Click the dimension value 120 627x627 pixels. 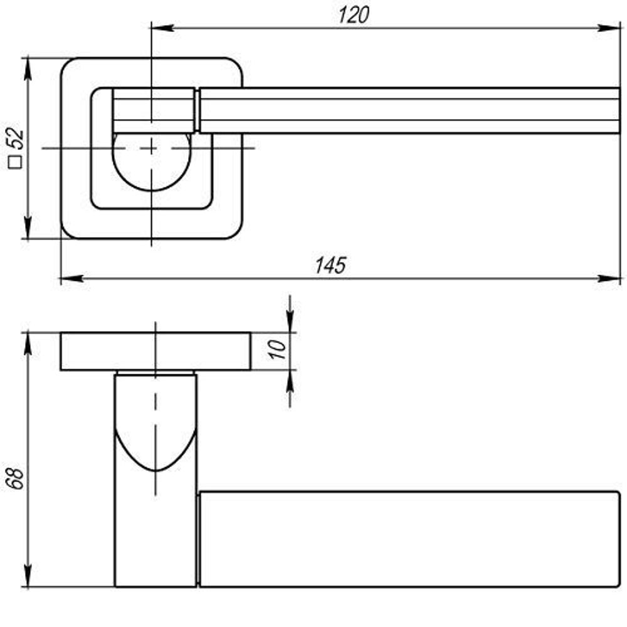point(354,15)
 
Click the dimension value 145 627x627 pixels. point(330,265)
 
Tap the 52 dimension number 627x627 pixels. point(16,138)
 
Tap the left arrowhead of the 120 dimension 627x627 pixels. point(162,28)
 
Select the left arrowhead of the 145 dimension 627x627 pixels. point(72,278)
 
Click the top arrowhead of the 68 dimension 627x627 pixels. point(28,344)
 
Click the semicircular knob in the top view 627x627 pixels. point(152,162)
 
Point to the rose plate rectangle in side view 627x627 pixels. point(156,352)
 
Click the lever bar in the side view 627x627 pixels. point(409,539)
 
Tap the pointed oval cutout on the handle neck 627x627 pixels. point(155,448)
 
